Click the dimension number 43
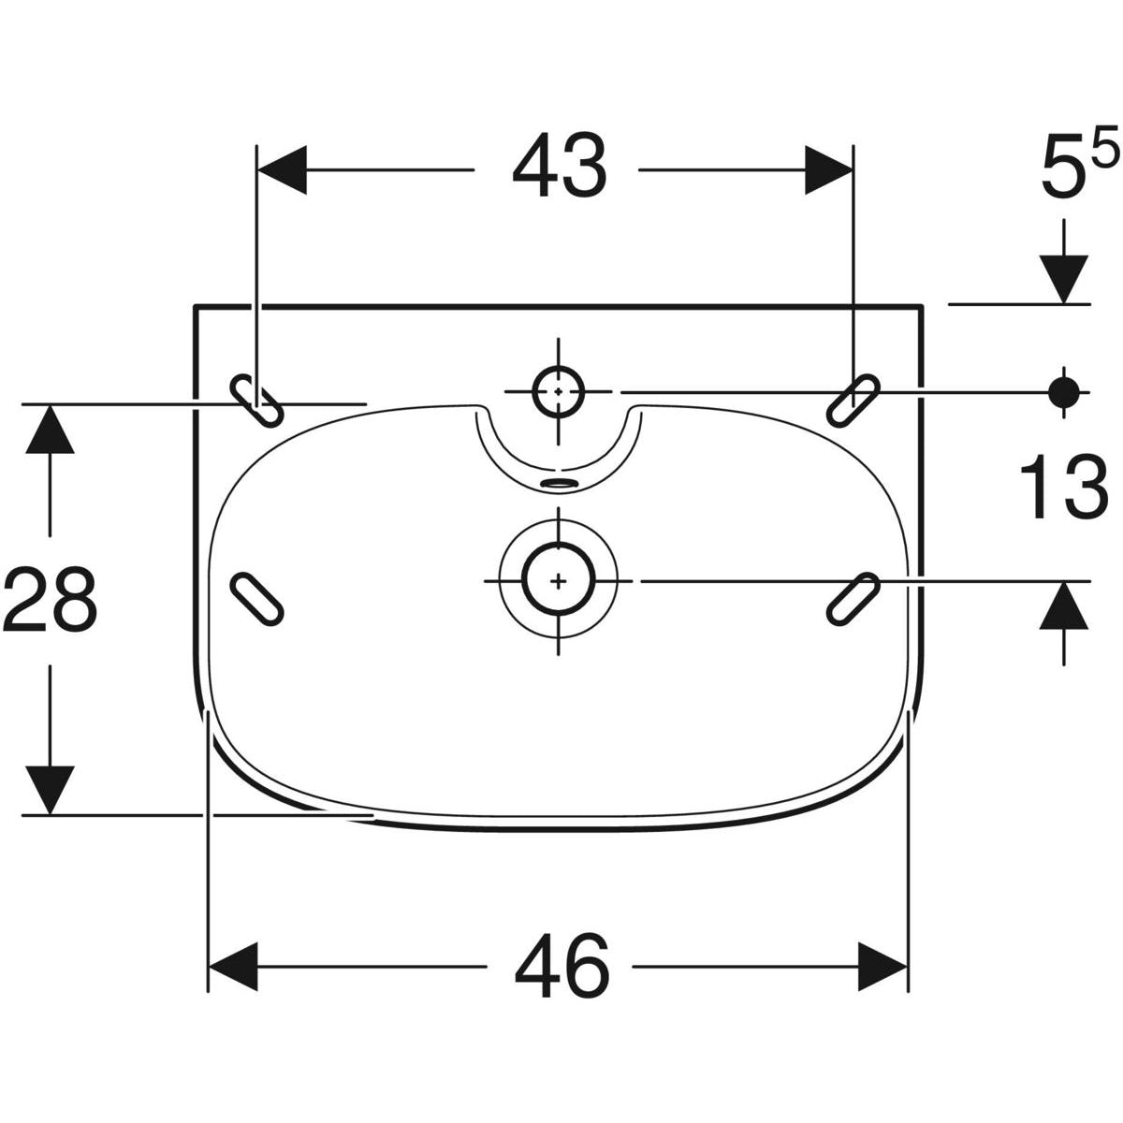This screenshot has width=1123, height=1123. pyautogui.click(x=559, y=169)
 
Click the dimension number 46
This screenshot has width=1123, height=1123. pyautogui.click(x=561, y=965)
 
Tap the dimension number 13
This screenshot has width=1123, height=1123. pyautogui.click(x=1063, y=488)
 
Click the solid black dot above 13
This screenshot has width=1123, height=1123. pyautogui.click(x=1063, y=392)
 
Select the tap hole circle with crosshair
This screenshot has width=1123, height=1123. pyautogui.click(x=558, y=391)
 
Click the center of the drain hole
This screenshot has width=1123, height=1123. pyautogui.click(x=559, y=580)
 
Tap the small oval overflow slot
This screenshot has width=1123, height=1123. pyautogui.click(x=560, y=483)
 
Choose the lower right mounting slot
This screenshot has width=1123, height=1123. pyautogui.click(x=853, y=596)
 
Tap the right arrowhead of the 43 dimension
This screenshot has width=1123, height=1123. pyautogui.click(x=828, y=169)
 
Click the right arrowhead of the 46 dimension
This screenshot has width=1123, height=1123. pyautogui.click(x=883, y=965)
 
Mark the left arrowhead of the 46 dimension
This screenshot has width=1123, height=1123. pyautogui.click(x=232, y=965)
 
